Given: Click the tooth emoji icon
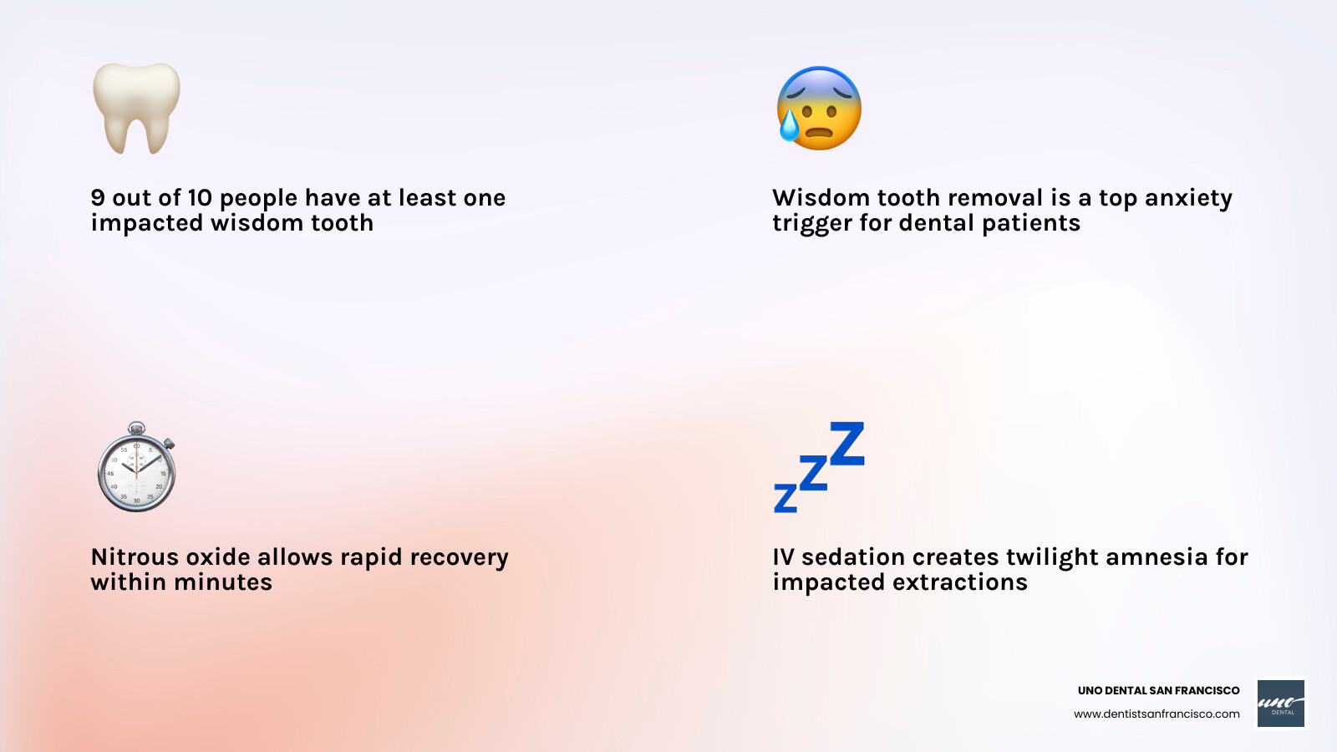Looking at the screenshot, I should (x=136, y=107).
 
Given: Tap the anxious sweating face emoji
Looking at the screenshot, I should (x=819, y=109).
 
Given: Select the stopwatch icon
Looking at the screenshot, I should (x=137, y=469).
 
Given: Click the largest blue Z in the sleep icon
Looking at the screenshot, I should (x=847, y=444).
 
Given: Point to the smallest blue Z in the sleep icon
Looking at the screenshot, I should (x=785, y=498).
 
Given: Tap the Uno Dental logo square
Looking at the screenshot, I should (x=1281, y=703).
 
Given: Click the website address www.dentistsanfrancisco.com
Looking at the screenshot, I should (x=1157, y=714).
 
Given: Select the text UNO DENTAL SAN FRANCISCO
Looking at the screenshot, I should (x=1158, y=690).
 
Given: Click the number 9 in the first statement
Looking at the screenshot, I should (x=98, y=198).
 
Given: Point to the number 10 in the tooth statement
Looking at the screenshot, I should (x=200, y=198).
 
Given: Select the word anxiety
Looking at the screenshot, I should (x=1188, y=199).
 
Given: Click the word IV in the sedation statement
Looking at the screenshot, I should (x=783, y=557).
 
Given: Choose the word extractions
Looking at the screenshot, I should (x=959, y=582).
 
